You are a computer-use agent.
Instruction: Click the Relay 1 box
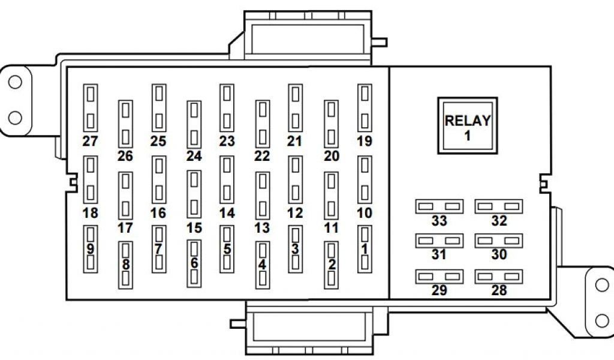(467, 125)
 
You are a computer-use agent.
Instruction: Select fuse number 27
(91, 108)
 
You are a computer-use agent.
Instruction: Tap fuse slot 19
(365, 108)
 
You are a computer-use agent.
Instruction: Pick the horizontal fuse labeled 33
(439, 206)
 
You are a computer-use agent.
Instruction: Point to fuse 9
(91, 249)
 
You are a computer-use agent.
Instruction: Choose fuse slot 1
(365, 249)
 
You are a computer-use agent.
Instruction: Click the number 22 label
(262, 156)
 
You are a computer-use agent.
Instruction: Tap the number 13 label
(262, 228)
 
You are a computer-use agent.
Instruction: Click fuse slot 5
(227, 249)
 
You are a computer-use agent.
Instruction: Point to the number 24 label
(194, 156)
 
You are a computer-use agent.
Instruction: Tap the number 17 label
(125, 228)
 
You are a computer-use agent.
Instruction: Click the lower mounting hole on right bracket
(601, 319)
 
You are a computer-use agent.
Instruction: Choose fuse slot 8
(125, 265)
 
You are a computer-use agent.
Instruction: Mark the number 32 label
(499, 221)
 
